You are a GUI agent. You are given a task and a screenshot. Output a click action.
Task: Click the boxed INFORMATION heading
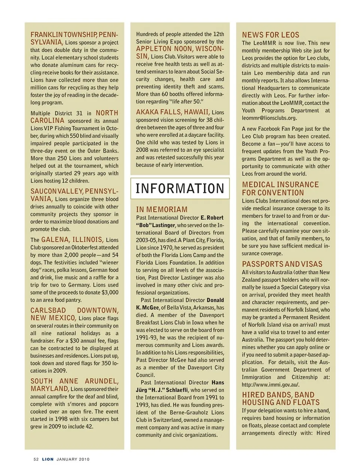(x=180, y=188)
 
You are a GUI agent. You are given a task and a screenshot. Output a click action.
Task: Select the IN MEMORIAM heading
(x=162, y=209)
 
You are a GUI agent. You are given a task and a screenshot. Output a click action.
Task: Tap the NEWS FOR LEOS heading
(x=270, y=35)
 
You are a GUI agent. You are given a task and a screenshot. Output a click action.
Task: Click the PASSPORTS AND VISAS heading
(x=282, y=264)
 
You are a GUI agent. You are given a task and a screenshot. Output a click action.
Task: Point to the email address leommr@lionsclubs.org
(x=269, y=118)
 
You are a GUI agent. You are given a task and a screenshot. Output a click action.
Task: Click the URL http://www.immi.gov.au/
(x=270, y=385)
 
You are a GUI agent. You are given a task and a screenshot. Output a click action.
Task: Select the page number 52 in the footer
(x=36, y=459)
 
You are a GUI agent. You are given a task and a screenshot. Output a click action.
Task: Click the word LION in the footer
(x=48, y=459)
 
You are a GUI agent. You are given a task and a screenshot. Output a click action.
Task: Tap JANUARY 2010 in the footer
(x=73, y=459)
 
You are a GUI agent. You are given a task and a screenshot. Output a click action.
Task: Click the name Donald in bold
(x=215, y=300)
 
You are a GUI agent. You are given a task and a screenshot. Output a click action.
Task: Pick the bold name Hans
(x=218, y=382)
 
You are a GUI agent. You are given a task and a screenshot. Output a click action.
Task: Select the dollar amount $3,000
(x=110, y=293)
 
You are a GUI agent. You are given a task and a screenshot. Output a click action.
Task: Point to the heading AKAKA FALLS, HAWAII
(x=172, y=112)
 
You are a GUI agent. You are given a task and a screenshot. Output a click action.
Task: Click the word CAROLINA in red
(x=47, y=121)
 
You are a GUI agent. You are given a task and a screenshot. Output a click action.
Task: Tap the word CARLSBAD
(x=48, y=310)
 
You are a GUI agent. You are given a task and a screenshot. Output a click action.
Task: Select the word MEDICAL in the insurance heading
(x=258, y=185)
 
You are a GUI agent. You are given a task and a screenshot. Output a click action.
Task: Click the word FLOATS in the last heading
(x=307, y=402)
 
